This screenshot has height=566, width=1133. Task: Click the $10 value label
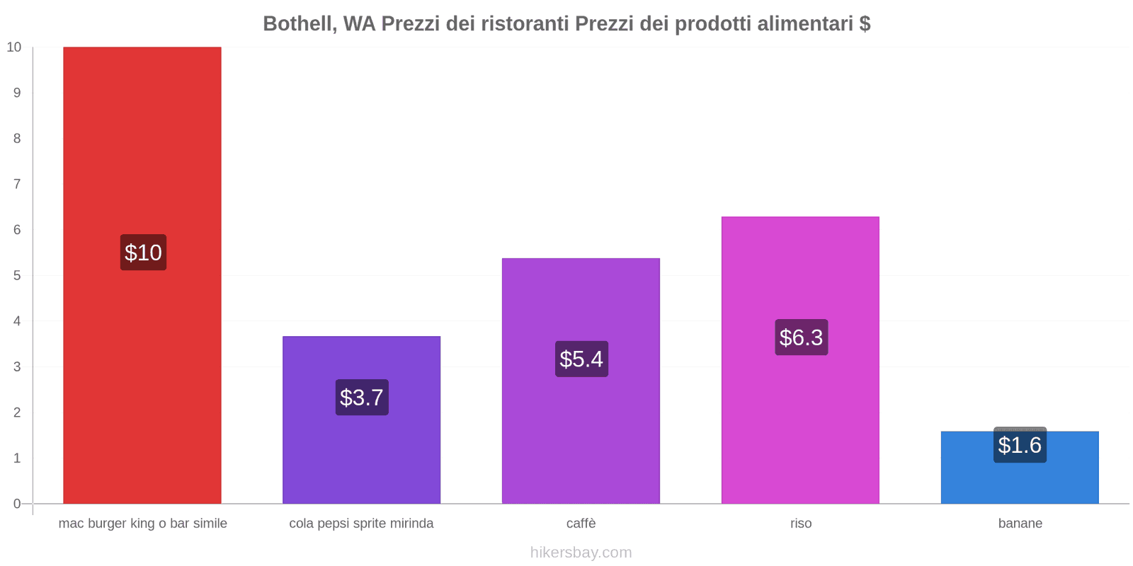[143, 253]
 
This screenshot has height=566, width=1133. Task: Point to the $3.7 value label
[362, 398]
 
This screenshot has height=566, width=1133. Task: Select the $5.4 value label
[581, 359]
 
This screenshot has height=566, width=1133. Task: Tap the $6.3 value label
[801, 337]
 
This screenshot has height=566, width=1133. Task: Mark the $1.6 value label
[1020, 446]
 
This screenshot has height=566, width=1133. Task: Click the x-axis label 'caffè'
[581, 524]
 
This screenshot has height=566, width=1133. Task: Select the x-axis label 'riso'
[801, 524]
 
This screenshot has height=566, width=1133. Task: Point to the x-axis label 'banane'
[1020, 524]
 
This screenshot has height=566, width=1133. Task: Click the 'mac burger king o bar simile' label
[142, 524]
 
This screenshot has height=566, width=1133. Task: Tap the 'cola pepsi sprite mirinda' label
[361, 524]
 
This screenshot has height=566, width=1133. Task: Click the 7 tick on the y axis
[17, 184]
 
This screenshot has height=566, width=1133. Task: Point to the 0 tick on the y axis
[17, 504]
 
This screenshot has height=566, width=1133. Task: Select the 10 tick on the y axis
[14, 47]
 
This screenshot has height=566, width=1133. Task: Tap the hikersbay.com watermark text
[581, 553]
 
